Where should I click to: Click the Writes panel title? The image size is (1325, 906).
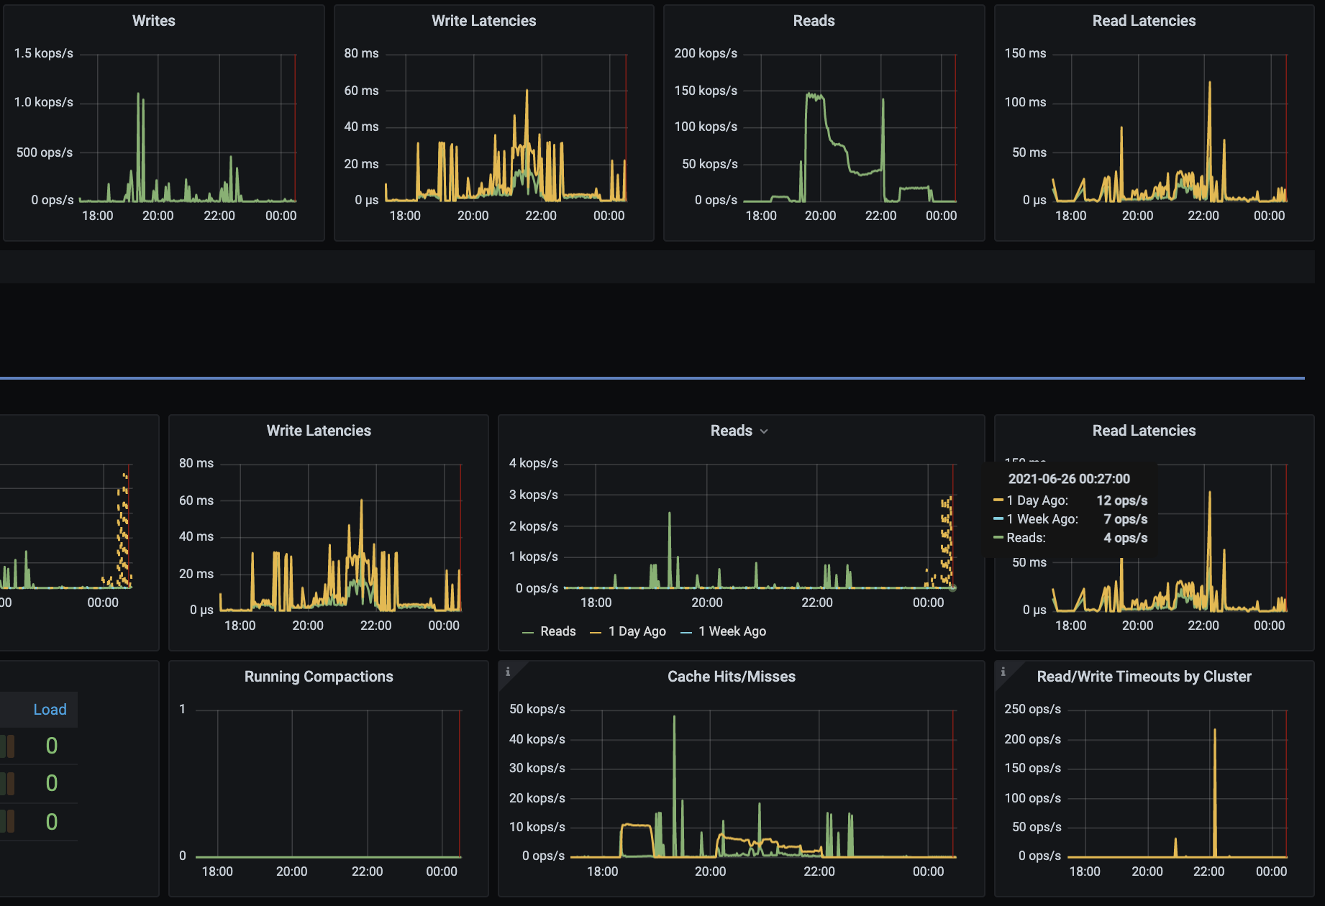click(x=153, y=21)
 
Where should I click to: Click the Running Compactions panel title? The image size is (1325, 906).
click(x=319, y=677)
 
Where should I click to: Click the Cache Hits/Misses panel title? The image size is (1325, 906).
click(x=731, y=677)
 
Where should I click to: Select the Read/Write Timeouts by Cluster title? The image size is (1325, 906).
click(x=1144, y=677)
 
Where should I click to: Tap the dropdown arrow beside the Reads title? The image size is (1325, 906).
click(x=764, y=431)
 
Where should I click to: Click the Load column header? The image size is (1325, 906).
click(x=50, y=710)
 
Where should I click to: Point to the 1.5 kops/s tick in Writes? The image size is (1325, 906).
click(x=43, y=53)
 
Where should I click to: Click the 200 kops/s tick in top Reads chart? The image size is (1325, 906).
click(x=705, y=53)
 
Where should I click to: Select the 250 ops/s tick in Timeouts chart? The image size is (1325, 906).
click(x=1032, y=709)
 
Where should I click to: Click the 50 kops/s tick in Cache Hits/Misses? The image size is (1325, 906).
click(x=537, y=709)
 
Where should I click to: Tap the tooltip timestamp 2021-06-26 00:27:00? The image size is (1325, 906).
click(x=1069, y=479)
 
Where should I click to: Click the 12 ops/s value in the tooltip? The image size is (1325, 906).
click(x=1121, y=500)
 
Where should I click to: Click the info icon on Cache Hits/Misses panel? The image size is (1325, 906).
click(x=508, y=672)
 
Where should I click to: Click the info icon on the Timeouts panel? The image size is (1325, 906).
click(x=1003, y=672)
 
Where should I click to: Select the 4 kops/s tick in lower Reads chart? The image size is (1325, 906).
click(x=533, y=463)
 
